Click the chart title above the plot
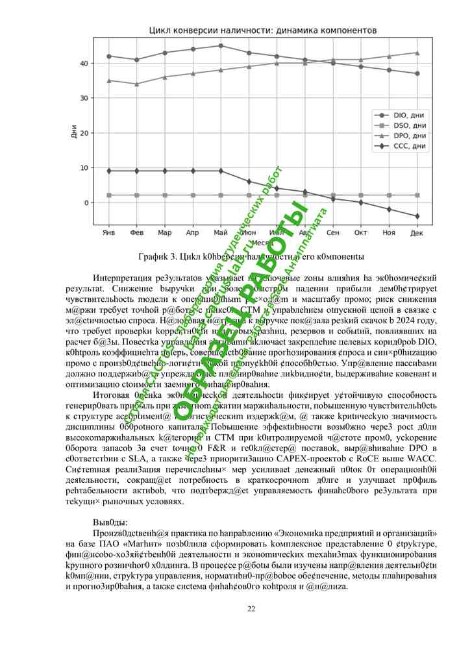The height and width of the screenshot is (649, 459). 262,31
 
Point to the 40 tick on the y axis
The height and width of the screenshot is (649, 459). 83,64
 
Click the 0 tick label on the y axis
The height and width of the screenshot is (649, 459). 85,202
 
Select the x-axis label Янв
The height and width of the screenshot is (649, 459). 108,232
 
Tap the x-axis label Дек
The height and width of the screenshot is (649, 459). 417,232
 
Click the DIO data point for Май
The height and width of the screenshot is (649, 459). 221,45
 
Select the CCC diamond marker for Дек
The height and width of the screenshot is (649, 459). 417,216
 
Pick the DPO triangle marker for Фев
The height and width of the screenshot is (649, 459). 136,84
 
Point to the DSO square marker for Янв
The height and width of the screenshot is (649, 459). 108,195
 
